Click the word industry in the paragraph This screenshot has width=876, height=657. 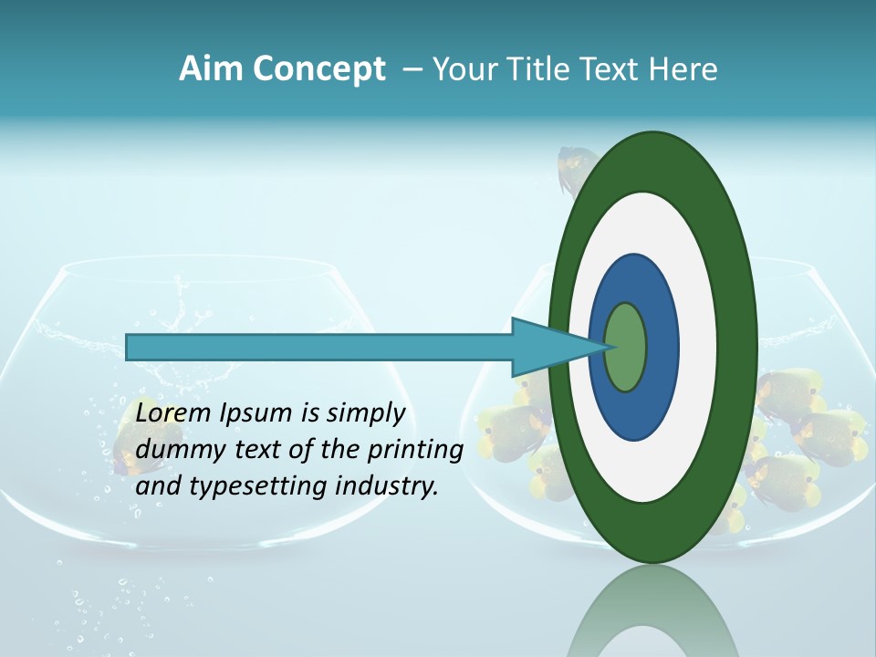387,486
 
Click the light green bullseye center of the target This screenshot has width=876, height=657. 626,348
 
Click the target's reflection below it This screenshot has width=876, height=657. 653,616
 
